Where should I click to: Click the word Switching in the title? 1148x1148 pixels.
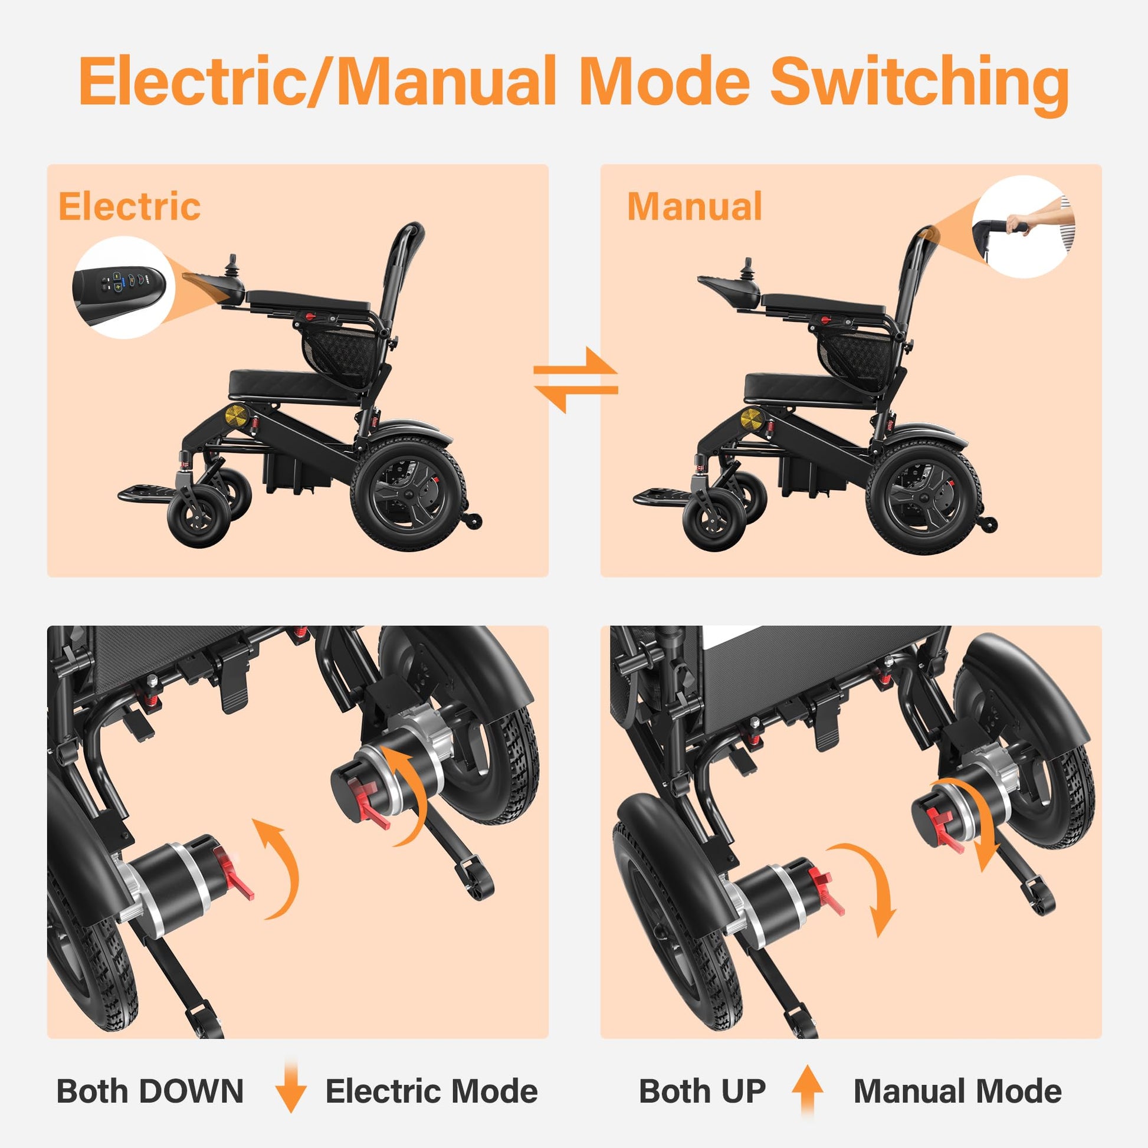(920, 84)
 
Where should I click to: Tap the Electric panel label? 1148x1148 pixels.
(130, 206)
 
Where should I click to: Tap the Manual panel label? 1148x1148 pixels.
(694, 206)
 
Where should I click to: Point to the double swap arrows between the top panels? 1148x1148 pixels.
(575, 380)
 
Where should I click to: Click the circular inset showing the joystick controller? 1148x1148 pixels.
(124, 288)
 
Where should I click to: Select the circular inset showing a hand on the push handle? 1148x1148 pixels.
(1023, 227)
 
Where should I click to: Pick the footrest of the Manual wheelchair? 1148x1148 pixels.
(661, 496)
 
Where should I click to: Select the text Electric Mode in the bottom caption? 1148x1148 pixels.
(431, 1091)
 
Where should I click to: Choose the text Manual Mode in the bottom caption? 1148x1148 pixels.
(957, 1091)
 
